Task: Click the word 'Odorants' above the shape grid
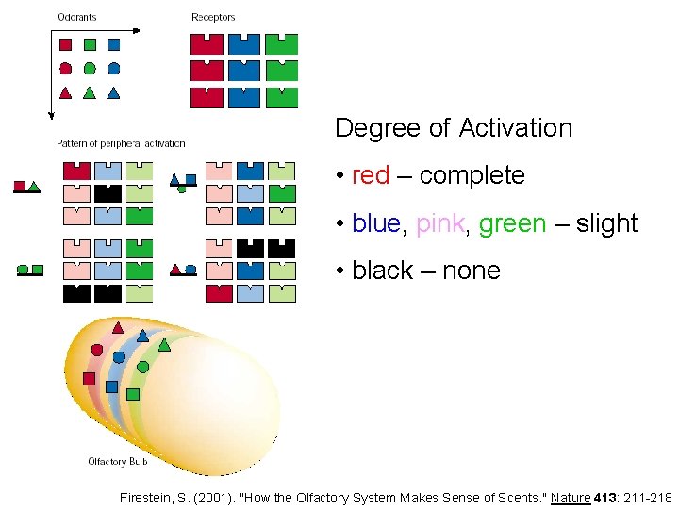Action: click(x=77, y=18)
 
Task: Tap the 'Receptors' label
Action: click(x=213, y=18)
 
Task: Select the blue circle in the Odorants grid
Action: click(x=114, y=68)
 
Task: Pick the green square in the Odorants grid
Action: click(x=90, y=44)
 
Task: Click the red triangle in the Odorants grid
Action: click(x=65, y=92)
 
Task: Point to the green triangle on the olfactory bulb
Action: click(x=164, y=345)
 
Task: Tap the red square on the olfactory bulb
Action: click(x=90, y=378)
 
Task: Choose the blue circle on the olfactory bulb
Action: click(x=119, y=357)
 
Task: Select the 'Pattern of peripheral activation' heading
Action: click(x=121, y=144)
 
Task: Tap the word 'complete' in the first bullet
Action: click(x=472, y=175)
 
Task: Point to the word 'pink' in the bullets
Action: click(x=439, y=223)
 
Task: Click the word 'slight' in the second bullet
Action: click(x=605, y=223)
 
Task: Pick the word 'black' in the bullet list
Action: click(x=382, y=271)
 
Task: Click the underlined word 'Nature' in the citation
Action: click(x=571, y=498)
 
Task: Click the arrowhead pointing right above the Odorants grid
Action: click(x=137, y=30)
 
